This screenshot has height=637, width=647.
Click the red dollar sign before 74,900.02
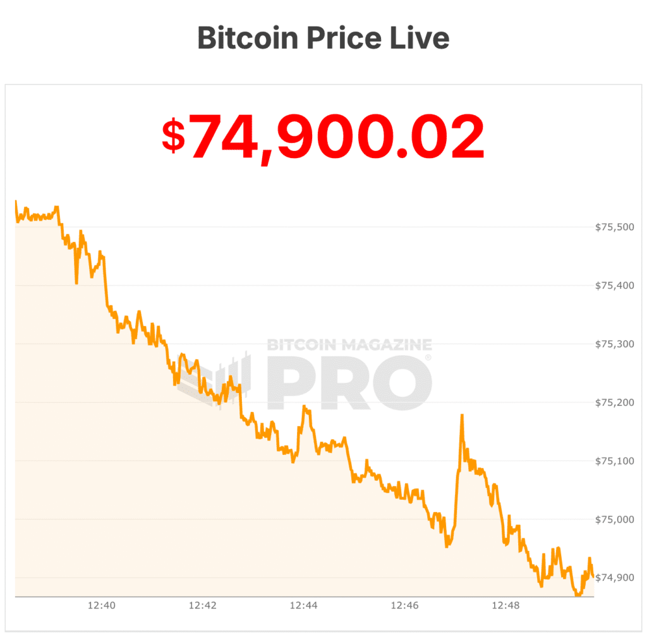tap(173, 136)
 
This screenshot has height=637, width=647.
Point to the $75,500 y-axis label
tap(614, 227)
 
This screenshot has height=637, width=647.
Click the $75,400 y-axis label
tap(614, 286)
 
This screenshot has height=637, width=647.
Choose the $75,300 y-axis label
tap(614, 344)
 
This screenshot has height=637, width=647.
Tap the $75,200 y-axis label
tap(614, 403)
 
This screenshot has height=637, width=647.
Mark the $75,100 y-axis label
tap(614, 461)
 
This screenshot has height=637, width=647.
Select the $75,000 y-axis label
tap(614, 519)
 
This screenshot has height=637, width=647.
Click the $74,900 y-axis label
tap(614, 578)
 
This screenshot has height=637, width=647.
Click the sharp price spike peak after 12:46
tap(462, 415)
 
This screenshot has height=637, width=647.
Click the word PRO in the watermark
tap(349, 384)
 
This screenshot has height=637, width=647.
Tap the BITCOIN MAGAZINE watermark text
tap(349, 345)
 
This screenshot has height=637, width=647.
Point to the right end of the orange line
tap(593, 575)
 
